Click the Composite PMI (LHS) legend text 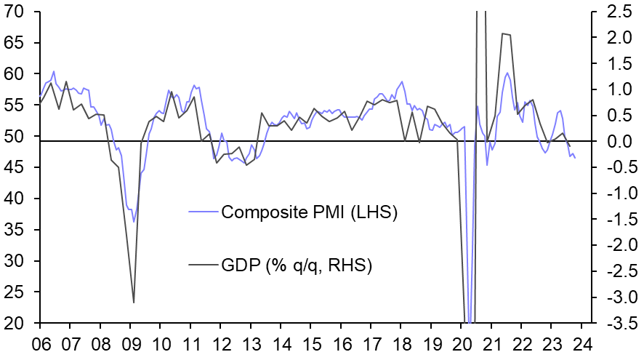(x=309, y=212)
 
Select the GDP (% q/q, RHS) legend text (x=297, y=265)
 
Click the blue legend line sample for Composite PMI (x=203, y=212)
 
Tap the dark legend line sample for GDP (x=203, y=265)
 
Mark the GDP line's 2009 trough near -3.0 (x=134, y=303)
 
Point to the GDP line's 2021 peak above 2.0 (x=502, y=33)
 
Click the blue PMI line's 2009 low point (x=133, y=221)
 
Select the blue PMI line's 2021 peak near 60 (x=507, y=73)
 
